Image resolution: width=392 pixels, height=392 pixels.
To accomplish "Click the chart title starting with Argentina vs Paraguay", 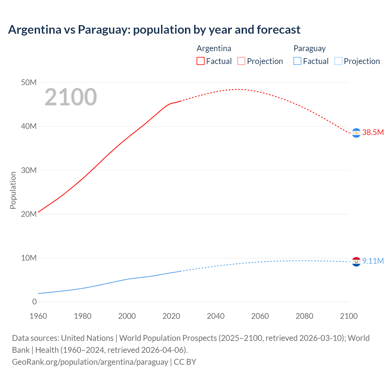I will [154, 30].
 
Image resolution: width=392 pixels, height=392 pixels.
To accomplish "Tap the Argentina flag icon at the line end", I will [356, 133].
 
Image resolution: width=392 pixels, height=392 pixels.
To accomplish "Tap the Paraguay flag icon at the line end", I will [356, 262].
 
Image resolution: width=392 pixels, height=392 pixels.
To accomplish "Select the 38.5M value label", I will [373, 132].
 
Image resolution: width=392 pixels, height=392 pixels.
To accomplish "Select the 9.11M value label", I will [373, 261].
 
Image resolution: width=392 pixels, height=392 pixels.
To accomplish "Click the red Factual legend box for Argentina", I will [200, 61].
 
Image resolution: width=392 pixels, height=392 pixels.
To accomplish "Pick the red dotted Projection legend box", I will [241, 61].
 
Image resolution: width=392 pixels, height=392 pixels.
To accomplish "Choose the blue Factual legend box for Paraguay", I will [297, 61].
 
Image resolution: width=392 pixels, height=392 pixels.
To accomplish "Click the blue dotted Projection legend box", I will [338, 61].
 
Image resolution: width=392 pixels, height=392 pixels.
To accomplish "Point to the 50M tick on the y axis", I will [29, 83].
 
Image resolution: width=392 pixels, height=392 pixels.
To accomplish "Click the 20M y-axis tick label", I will [29, 214].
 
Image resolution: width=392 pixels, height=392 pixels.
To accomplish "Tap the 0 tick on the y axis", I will [34, 302].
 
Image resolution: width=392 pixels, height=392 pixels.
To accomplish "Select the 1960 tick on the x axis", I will [38, 316].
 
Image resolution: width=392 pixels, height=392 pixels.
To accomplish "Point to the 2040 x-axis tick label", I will [216, 316].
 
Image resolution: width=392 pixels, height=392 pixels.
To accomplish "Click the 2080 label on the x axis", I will [304, 316].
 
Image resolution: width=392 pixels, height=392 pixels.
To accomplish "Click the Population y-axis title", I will [13, 190].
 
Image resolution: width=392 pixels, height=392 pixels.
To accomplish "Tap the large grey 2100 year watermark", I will [71, 97].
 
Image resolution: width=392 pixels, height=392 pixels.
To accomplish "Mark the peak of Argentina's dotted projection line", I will [237, 89].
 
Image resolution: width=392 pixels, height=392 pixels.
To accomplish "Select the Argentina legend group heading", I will [214, 48].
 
